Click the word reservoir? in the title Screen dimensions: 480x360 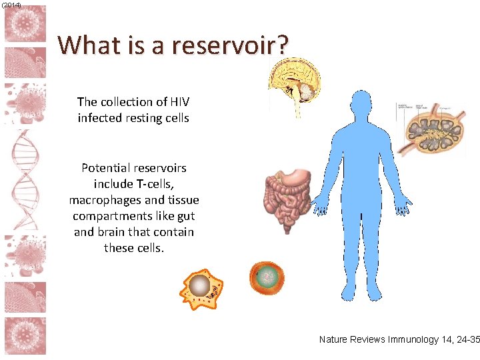(230, 45)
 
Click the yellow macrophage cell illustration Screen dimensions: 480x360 (201, 287)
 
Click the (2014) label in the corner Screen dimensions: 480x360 (11, 5)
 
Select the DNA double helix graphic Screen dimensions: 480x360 (25, 180)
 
